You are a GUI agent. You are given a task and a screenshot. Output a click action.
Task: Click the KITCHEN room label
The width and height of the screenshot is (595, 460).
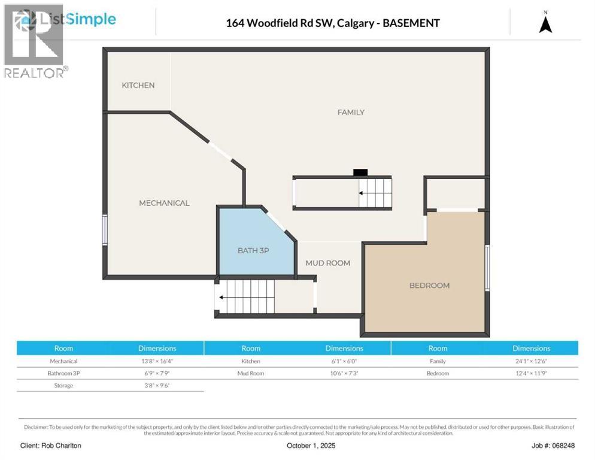coord(138,86)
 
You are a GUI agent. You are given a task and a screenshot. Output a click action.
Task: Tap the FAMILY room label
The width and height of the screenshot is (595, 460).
coord(351,113)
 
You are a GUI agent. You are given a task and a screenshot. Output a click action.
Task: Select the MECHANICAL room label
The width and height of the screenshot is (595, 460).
coord(164,203)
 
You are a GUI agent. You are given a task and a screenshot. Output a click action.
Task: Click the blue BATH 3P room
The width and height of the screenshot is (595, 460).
coord(253,250)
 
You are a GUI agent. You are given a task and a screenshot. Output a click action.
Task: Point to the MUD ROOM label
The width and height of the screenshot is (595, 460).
coord(327,263)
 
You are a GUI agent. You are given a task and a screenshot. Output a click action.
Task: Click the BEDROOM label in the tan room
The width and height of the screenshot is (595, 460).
coord(429,286)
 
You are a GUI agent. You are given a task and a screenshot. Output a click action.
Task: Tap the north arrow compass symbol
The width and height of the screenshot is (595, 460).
coord(545,23)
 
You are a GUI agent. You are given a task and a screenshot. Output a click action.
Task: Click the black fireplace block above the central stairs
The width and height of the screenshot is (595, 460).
coord(360,172)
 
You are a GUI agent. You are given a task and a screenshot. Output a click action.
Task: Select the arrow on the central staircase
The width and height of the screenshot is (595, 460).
coord(363,193)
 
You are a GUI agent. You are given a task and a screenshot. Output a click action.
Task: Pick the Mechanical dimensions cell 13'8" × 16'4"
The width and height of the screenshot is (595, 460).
coord(157,361)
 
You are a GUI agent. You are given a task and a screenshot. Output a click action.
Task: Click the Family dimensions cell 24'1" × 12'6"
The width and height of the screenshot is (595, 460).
coord(531,361)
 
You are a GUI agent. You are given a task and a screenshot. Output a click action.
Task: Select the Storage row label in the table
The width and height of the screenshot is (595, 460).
coord(63,385)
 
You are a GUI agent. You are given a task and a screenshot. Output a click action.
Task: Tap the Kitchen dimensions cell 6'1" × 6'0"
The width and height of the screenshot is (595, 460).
coord(344,361)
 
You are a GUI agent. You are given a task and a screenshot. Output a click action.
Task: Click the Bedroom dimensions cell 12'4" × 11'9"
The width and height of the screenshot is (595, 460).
coord(531,373)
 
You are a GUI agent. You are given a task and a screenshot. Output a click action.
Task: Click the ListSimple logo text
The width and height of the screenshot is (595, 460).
coord(78,19)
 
